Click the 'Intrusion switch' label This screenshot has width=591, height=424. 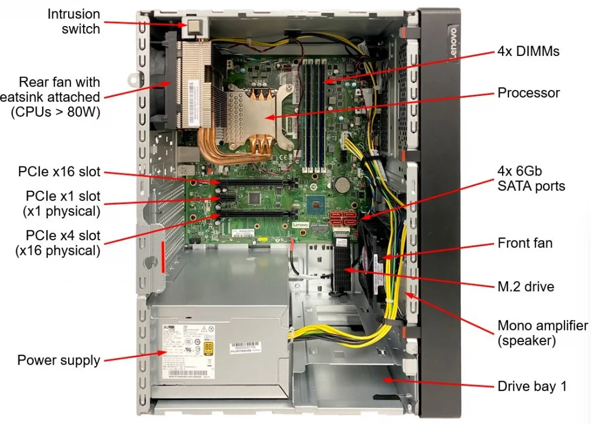coord(73,21)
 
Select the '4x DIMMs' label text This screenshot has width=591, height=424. coord(529,51)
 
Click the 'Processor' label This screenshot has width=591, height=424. coord(529,92)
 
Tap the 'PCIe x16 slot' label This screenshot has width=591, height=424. coord(59,172)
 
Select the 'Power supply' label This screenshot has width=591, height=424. coord(58,360)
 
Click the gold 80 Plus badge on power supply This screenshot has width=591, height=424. coord(208,348)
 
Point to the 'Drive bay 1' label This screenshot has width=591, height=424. coord(532,386)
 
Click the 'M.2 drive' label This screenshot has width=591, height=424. coord(526,286)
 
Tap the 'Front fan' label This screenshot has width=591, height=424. coord(525,243)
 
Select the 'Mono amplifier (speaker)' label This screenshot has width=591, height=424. coord(543,333)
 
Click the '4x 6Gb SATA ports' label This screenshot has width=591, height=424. coord(531,178)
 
